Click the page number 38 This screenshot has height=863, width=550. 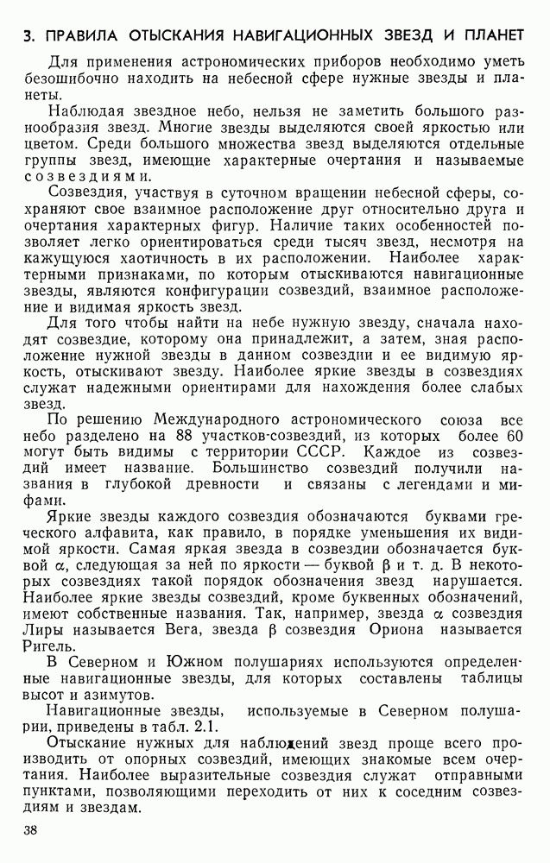[31, 830]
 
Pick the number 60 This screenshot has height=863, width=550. [513, 437]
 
